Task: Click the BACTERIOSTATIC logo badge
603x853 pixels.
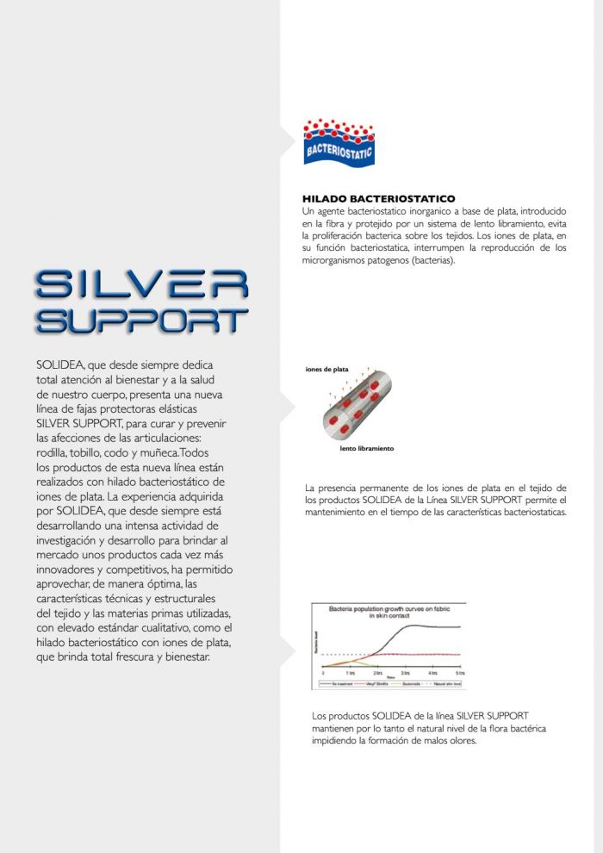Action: (339, 143)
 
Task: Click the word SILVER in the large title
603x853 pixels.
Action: (142, 285)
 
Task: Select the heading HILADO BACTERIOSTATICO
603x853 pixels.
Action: (378, 199)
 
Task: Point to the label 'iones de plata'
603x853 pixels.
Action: (326, 369)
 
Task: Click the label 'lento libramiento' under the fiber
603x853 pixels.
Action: (366, 448)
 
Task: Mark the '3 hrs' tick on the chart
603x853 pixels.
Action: (405, 671)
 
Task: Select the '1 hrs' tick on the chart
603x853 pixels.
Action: (351, 671)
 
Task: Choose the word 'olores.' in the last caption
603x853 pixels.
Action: (458, 740)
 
